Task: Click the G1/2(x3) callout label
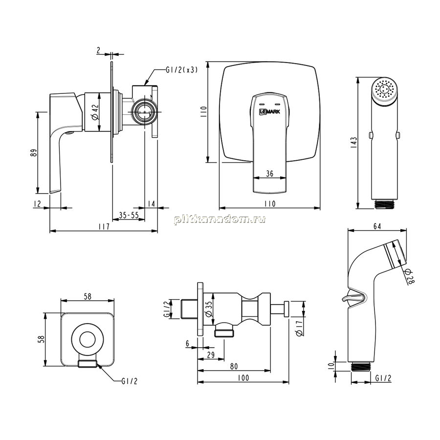[x=181, y=70]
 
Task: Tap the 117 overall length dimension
[x=104, y=226]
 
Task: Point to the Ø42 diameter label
[x=95, y=112]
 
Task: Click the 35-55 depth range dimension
[x=129, y=215]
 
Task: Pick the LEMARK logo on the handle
[x=269, y=111]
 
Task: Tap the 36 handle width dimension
[x=270, y=174]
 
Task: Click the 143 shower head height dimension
[x=353, y=143]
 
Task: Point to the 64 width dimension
[x=377, y=226]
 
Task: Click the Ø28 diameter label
[x=409, y=276]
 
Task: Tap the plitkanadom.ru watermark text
[x=220, y=219]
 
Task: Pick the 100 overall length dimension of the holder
[x=243, y=378]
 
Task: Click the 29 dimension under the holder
[x=211, y=355]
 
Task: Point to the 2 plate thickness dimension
[x=98, y=50]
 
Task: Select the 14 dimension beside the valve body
[x=151, y=203]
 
